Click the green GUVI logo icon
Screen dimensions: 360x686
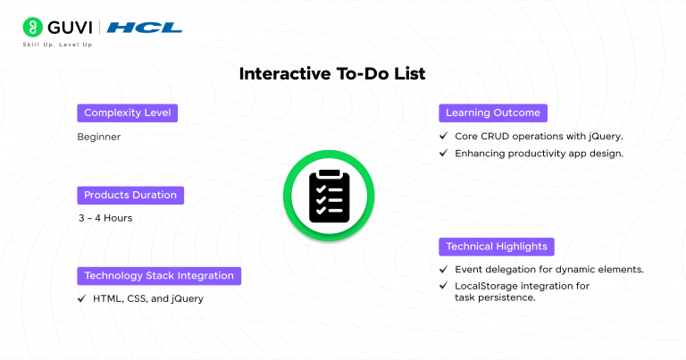point(34,26)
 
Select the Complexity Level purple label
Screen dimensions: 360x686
point(127,113)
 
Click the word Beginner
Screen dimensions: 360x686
point(98,137)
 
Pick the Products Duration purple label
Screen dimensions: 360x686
point(130,195)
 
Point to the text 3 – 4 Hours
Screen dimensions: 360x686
point(105,218)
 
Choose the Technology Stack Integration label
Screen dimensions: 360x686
point(159,275)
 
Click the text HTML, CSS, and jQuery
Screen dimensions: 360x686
point(147,298)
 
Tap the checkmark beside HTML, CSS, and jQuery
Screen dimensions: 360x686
point(82,298)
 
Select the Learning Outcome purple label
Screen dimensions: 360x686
point(492,113)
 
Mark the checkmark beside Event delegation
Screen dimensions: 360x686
point(444,269)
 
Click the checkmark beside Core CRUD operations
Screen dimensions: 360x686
point(444,137)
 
